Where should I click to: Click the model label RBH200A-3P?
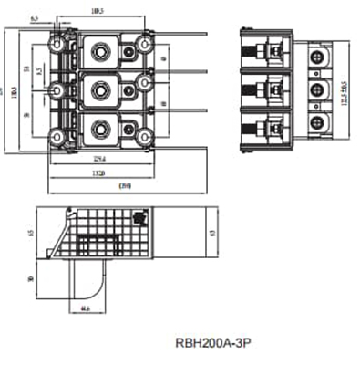click(211, 344)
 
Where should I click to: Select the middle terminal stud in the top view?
click(99, 89)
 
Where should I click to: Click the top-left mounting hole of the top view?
click(57, 43)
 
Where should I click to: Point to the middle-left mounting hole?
click(57, 89)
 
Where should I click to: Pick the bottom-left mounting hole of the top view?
click(57, 136)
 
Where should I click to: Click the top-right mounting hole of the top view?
click(143, 43)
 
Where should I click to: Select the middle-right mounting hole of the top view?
click(143, 82)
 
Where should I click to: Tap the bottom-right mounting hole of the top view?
click(143, 136)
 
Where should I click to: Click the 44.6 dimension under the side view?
click(85, 309)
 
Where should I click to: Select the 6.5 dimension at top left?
click(34, 18)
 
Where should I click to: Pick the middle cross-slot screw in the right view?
click(317, 90)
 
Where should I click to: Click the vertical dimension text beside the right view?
click(343, 90)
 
